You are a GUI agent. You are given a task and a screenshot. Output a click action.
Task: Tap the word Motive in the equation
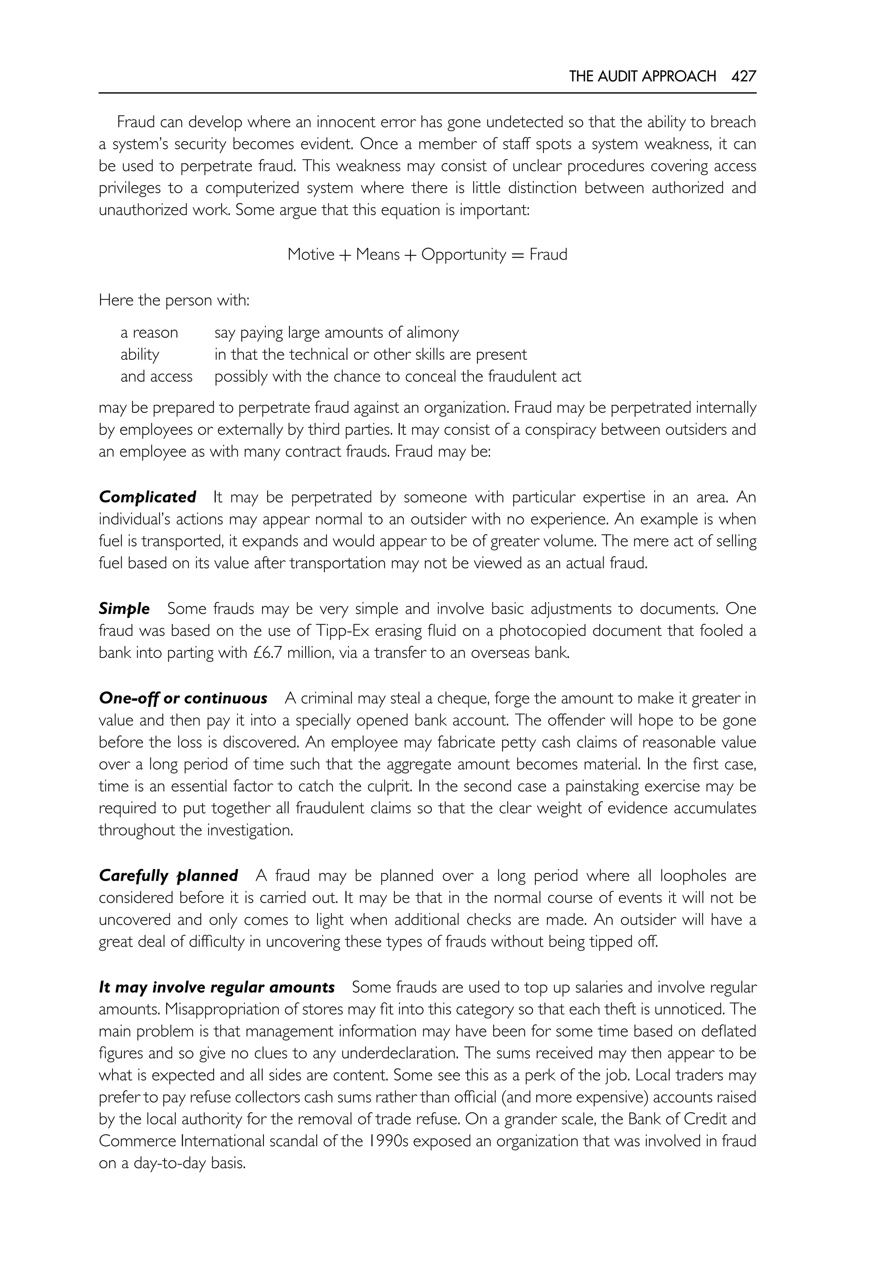[x=311, y=255]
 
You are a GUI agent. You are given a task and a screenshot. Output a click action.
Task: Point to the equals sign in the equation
[x=517, y=255]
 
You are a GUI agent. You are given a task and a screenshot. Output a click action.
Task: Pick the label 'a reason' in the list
[x=149, y=332]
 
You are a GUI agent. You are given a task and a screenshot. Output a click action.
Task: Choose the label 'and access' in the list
[x=156, y=377]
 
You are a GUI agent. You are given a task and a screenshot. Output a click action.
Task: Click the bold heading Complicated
[x=147, y=497]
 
